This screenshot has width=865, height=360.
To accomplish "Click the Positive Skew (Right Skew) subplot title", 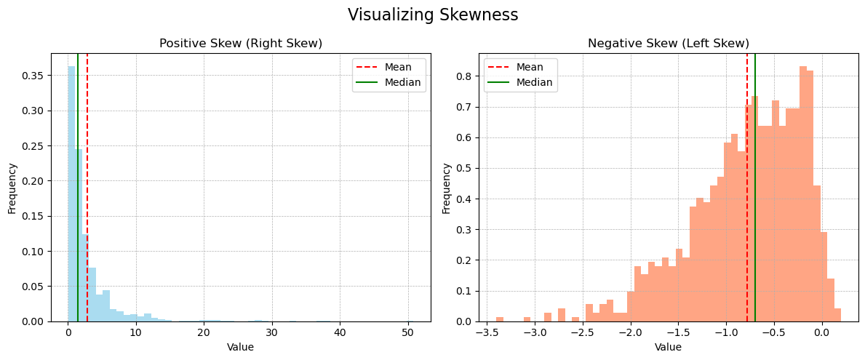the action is (241, 43).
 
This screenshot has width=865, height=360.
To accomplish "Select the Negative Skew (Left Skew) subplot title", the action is (668, 43).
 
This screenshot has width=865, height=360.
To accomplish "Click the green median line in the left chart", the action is (78, 188).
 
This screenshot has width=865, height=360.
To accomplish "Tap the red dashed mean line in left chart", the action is (87, 188).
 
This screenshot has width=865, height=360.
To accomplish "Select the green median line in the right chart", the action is (754, 188).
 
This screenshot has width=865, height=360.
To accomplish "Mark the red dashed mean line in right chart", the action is (747, 188).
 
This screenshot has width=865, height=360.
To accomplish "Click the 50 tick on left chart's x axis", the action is (407, 332).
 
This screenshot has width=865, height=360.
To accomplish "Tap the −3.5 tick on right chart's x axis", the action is (486, 332).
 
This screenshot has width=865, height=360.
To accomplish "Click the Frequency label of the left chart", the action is (12, 188).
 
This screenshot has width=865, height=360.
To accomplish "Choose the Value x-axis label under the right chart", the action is (668, 348).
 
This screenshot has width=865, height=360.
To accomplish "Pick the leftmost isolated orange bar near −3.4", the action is (500, 319).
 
